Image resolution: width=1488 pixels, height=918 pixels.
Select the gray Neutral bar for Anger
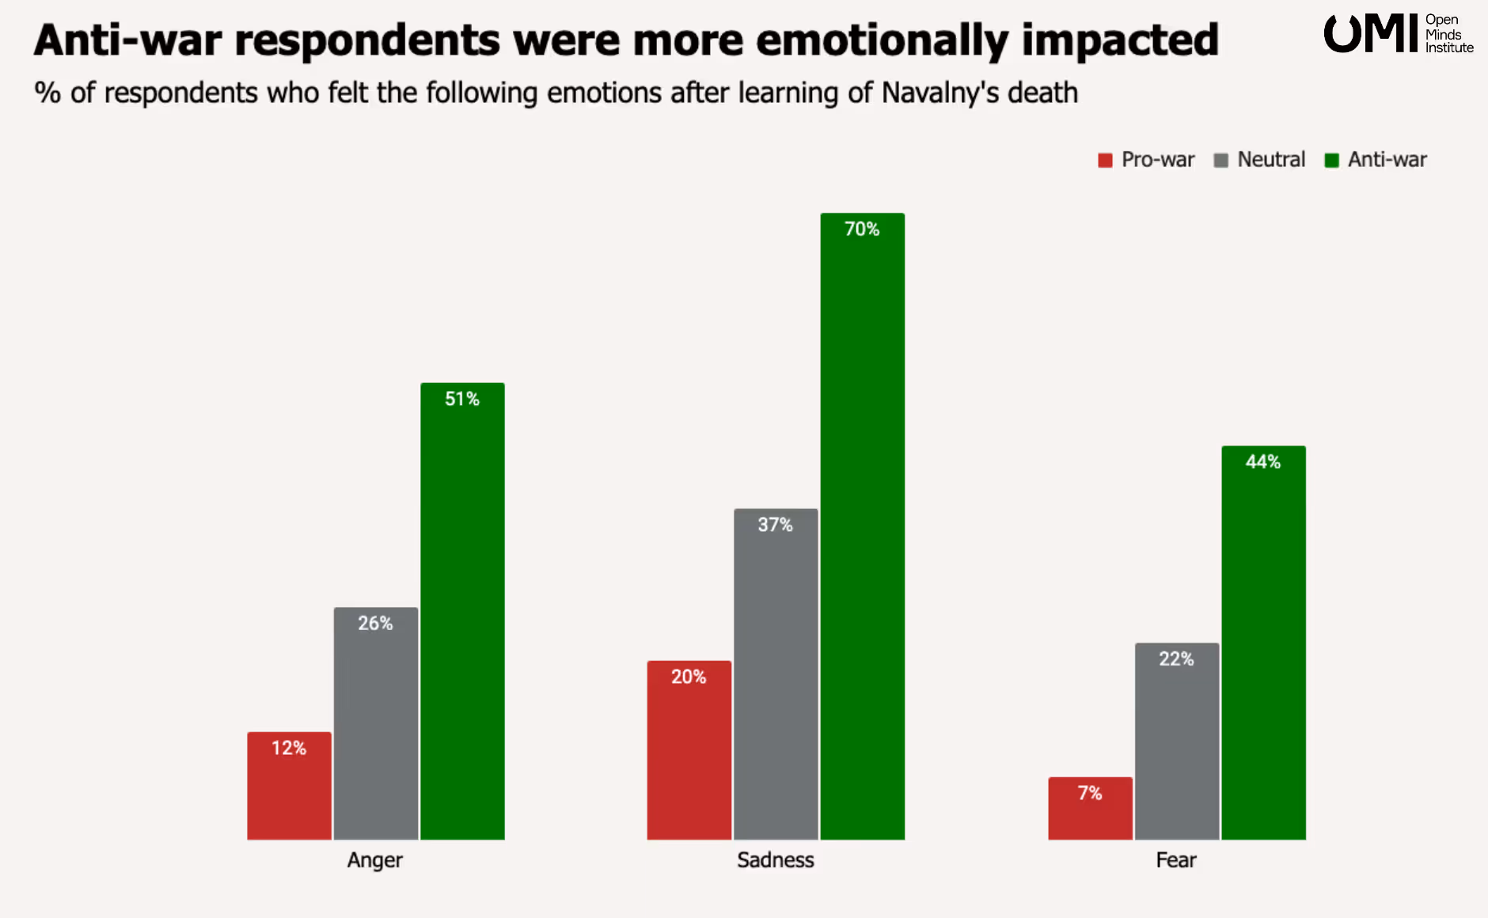click(x=376, y=723)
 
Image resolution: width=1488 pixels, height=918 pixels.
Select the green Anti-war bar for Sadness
click(x=862, y=526)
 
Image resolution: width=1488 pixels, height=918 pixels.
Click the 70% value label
click(x=862, y=229)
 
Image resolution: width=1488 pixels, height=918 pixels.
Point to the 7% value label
click(x=1090, y=793)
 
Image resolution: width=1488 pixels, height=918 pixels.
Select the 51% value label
click(x=462, y=399)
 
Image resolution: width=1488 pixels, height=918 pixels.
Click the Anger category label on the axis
click(x=375, y=860)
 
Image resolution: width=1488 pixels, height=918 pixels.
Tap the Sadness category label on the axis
click(x=776, y=860)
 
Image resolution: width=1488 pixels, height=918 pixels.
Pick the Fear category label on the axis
click(x=1176, y=860)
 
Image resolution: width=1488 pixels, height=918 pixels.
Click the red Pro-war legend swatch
click(x=1105, y=161)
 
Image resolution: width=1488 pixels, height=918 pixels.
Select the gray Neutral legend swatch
click(x=1220, y=161)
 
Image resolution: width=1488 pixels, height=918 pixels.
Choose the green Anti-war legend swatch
click(x=1331, y=161)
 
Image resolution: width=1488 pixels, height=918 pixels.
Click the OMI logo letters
click(x=1371, y=34)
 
